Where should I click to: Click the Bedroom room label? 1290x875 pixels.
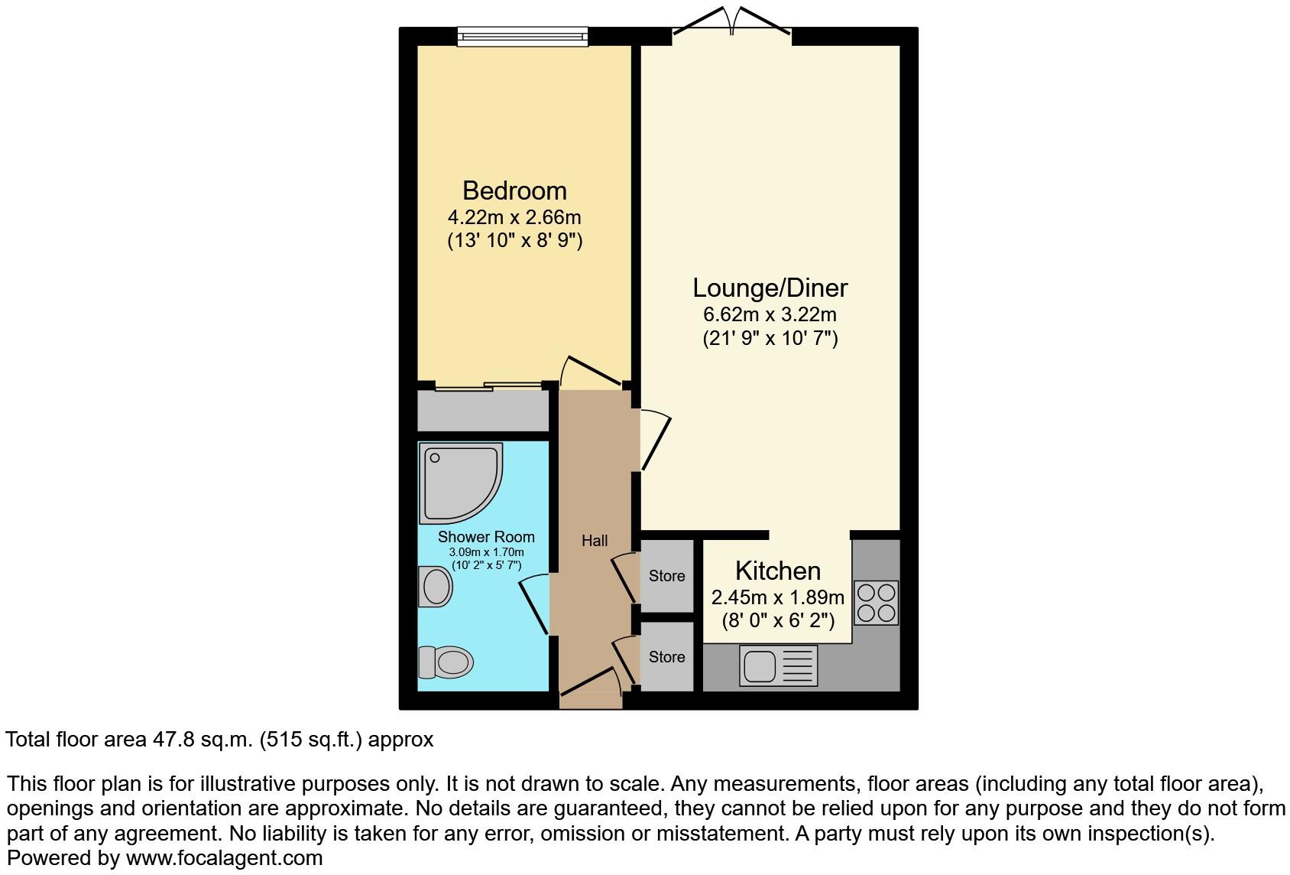click(514, 190)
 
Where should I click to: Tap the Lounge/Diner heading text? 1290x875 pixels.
click(770, 288)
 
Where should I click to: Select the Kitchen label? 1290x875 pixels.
click(777, 571)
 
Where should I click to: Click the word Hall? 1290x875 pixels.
click(595, 541)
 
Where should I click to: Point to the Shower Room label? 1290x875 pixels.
click(486, 537)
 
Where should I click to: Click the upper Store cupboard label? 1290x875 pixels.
click(666, 576)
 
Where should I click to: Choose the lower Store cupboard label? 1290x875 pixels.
click(666, 657)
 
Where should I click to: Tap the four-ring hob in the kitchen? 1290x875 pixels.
click(876, 603)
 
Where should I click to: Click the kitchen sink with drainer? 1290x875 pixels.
click(778, 665)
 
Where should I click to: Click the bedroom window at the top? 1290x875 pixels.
click(523, 36)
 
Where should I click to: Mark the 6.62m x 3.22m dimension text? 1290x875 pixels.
click(770, 314)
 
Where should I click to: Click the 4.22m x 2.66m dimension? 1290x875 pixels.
click(514, 217)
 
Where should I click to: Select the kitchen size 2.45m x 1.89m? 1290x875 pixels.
click(777, 597)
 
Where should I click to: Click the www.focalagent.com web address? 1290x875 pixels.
click(224, 858)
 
